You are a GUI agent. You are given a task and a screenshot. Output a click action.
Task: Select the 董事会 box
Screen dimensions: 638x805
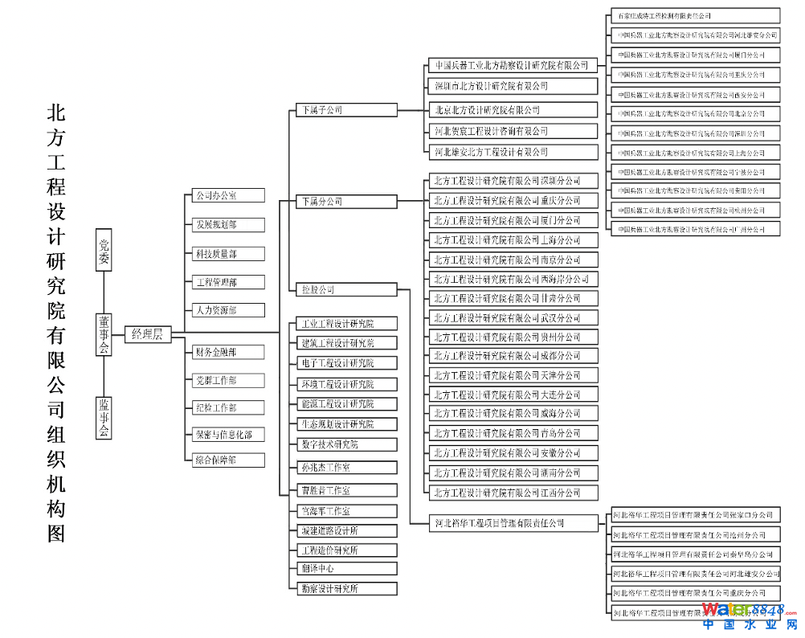[x=104, y=334]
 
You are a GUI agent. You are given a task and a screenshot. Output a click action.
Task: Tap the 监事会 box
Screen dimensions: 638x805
[x=104, y=418]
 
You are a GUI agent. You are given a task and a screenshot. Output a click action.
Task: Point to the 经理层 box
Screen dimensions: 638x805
[x=147, y=334]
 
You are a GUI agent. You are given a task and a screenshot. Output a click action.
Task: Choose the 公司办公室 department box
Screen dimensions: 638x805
[x=228, y=195]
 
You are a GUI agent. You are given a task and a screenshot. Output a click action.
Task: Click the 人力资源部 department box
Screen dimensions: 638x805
[x=228, y=309]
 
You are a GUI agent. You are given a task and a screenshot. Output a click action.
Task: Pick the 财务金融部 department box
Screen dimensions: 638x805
[x=228, y=352]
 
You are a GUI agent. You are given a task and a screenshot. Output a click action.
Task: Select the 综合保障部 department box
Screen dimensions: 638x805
[x=228, y=460]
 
